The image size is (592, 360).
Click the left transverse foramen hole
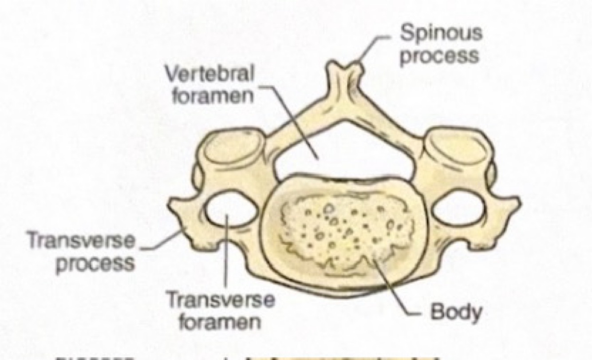pos(228,209)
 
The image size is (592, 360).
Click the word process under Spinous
pos(440,56)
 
